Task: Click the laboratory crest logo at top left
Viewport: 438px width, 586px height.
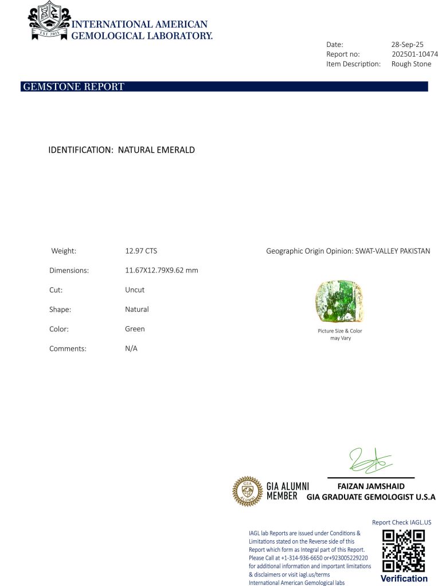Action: [x=49, y=21]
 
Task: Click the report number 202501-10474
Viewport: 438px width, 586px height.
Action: [x=414, y=54]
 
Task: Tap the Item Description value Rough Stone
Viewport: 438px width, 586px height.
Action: [x=411, y=64]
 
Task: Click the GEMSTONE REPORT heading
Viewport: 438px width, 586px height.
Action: [x=73, y=87]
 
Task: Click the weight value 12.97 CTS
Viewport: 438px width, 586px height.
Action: [x=141, y=251]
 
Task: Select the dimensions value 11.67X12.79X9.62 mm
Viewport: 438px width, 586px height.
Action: [x=162, y=270]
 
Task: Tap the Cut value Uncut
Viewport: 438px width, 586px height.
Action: [x=134, y=290]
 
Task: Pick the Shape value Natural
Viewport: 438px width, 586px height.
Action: [x=136, y=309]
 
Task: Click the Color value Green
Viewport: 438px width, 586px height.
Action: [x=135, y=329]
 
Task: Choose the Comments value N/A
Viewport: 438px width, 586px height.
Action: [x=131, y=349]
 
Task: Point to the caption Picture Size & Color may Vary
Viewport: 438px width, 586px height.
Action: [x=340, y=334]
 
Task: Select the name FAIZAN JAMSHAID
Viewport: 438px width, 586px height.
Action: [x=371, y=486]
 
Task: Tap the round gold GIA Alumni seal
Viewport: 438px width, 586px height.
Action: [x=247, y=492]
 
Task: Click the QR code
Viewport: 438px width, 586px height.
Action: [x=404, y=551]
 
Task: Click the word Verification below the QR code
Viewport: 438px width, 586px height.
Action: [x=404, y=579]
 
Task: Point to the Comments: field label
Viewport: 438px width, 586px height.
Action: [x=68, y=349]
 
